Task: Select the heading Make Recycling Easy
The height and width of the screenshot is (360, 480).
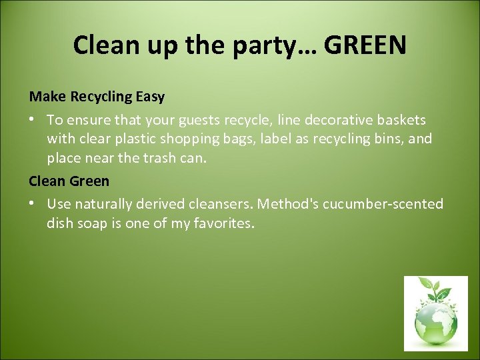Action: (97, 97)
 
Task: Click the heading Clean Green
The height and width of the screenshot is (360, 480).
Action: (69, 181)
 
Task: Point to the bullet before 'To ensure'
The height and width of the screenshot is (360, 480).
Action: (33, 120)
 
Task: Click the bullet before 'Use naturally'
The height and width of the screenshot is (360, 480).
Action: (33, 204)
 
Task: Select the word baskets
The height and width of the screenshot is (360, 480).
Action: (400, 120)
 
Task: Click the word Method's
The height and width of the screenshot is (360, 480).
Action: (288, 204)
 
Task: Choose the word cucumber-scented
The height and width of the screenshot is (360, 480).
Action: (383, 204)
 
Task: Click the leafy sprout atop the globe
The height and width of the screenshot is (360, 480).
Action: (434, 289)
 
